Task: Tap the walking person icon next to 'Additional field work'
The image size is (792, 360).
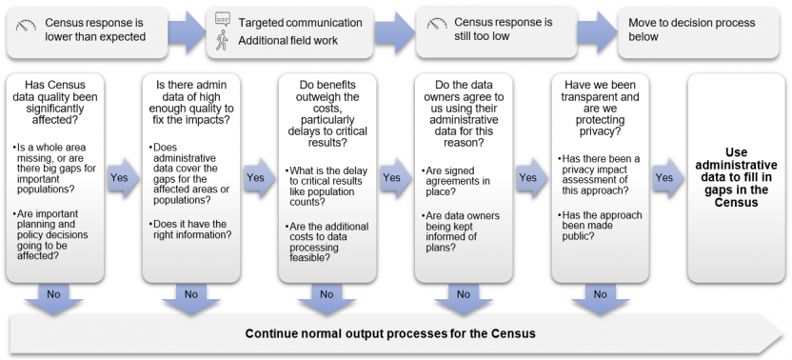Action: [223, 41]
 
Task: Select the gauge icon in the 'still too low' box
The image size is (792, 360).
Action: [437, 24]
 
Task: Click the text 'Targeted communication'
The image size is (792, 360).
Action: [300, 22]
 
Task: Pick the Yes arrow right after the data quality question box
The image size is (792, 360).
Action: [119, 178]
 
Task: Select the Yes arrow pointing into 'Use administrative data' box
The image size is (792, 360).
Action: [664, 178]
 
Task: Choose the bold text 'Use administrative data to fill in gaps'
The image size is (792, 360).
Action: [736, 177]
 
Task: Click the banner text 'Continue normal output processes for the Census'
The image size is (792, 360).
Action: [390, 333]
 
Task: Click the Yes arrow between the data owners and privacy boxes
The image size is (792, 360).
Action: [528, 178]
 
